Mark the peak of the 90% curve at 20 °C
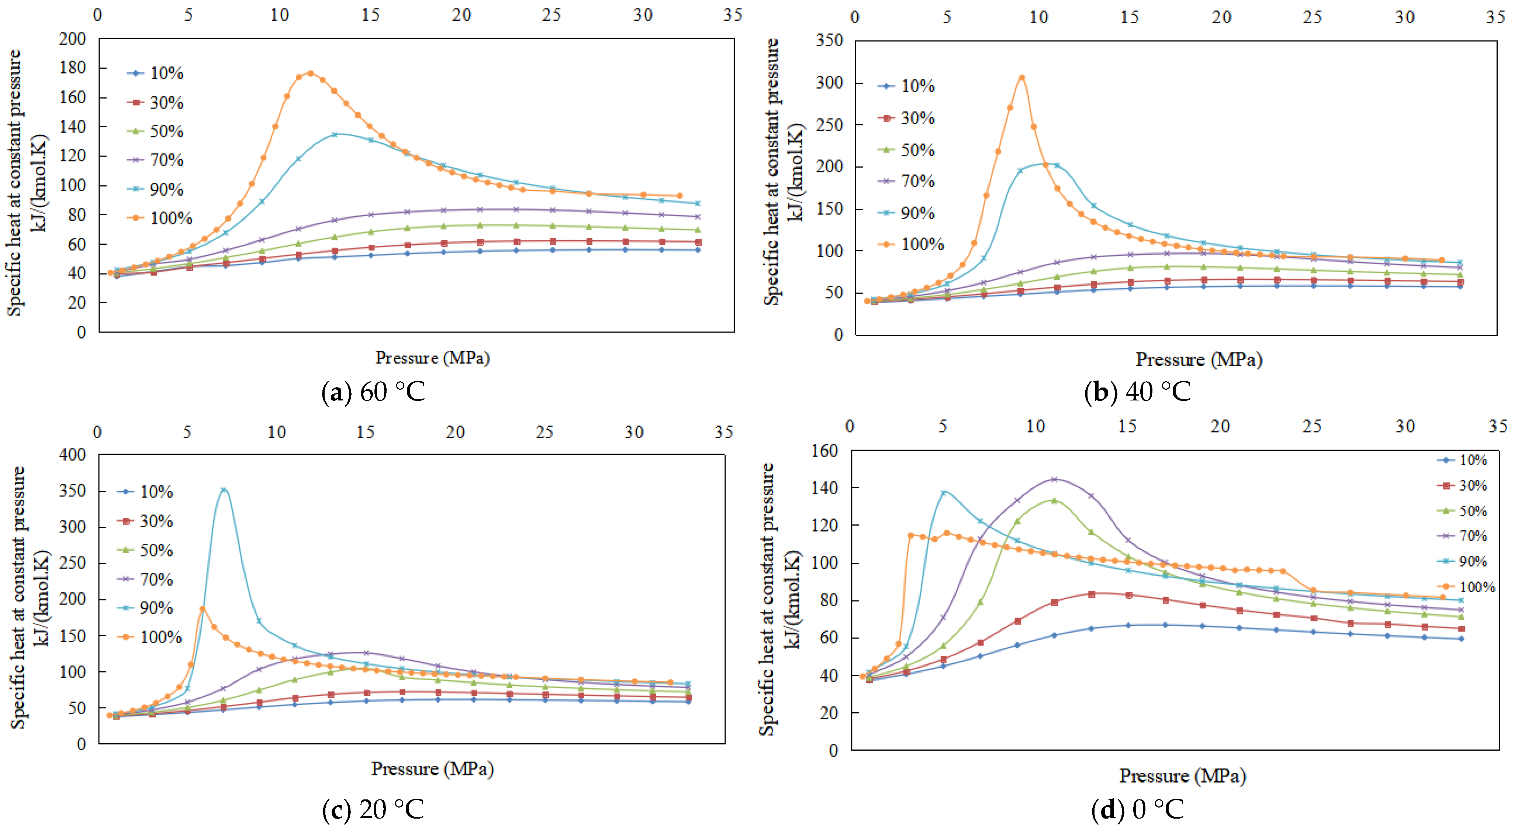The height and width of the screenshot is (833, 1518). pos(223,490)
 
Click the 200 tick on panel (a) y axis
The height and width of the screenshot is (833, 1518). pos(72,39)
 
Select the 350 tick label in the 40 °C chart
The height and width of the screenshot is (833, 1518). pos(829,41)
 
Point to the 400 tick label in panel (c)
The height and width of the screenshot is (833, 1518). pos(72,455)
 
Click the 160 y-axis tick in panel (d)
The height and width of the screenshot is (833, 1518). pos(824,451)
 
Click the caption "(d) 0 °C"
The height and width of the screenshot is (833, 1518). pos(1137,809)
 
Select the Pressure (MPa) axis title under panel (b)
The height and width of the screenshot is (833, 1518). pos(1199,359)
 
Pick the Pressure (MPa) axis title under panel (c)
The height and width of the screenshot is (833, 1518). pos(432,769)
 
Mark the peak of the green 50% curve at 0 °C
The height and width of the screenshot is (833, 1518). pos(1054,500)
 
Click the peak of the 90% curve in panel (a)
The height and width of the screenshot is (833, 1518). pos(335,134)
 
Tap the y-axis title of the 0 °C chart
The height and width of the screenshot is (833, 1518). pos(779,598)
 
